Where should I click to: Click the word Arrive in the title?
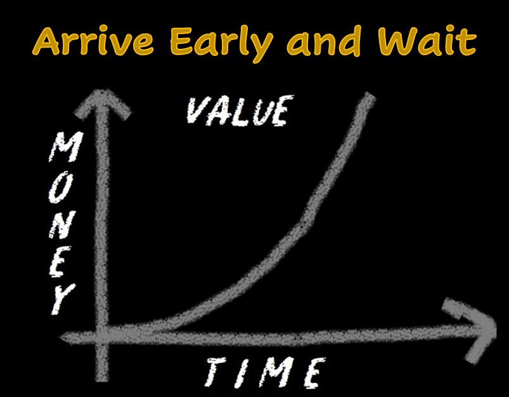[x=93, y=42]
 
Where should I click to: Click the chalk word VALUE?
[x=240, y=110]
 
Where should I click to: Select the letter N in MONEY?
[x=62, y=224]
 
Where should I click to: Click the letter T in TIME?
[x=216, y=372]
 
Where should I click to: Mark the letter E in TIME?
[x=315, y=373]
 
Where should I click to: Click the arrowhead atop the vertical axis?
[x=102, y=104]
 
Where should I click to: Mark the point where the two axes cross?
[x=102, y=335]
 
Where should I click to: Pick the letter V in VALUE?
[x=198, y=110]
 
